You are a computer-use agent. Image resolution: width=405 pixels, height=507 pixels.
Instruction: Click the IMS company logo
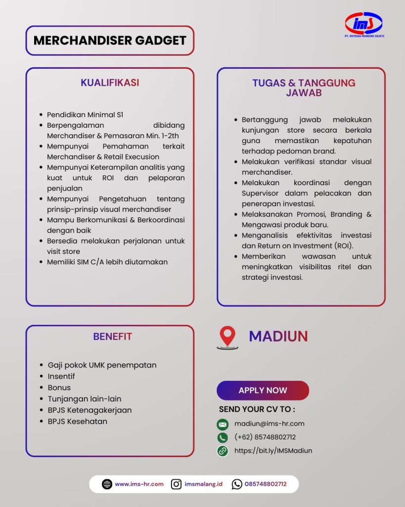click(363, 24)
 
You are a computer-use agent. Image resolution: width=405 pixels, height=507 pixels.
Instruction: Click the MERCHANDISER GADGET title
click(110, 41)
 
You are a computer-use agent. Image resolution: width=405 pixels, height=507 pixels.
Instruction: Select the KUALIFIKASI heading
click(110, 83)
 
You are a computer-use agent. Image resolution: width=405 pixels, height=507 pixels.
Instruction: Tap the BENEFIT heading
click(112, 337)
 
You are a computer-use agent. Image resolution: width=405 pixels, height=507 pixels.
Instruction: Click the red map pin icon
click(227, 337)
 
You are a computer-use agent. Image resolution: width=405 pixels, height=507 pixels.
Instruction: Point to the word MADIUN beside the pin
click(278, 337)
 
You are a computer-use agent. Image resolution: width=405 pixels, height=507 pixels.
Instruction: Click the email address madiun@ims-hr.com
click(269, 424)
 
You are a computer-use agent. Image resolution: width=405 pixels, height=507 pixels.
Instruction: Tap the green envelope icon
click(223, 424)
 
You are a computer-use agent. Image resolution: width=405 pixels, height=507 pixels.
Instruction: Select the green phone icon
click(223, 438)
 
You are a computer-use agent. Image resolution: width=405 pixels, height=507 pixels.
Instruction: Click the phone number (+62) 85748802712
click(265, 437)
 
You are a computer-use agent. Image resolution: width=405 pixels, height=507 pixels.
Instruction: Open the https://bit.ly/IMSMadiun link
click(273, 451)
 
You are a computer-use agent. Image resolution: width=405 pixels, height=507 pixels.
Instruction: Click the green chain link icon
click(223, 451)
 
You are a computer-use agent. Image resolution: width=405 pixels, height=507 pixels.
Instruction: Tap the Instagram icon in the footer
click(176, 484)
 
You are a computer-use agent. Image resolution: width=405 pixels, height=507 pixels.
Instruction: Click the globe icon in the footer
click(107, 484)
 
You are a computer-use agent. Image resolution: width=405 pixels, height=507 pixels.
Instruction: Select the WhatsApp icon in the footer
click(237, 484)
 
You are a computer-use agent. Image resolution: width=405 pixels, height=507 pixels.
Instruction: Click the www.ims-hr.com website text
click(139, 484)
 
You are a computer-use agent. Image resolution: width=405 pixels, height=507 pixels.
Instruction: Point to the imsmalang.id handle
click(203, 484)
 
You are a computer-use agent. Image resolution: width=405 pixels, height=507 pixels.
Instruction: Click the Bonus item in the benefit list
click(59, 388)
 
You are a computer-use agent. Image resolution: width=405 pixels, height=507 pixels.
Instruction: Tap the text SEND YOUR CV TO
click(257, 409)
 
